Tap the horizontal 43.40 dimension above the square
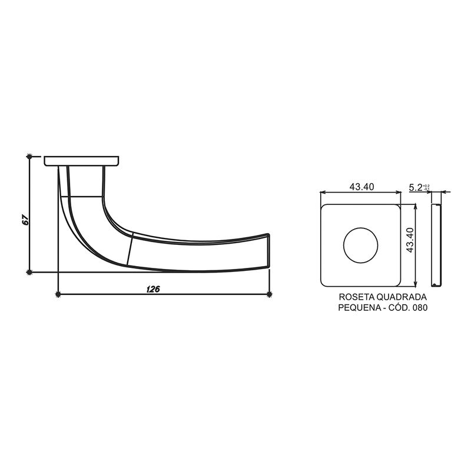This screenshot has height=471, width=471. (361, 187)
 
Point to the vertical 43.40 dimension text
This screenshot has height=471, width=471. (410, 240)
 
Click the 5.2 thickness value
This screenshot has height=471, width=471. (416, 187)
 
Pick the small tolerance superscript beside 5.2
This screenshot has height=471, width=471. (427, 187)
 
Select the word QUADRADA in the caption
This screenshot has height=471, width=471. (405, 298)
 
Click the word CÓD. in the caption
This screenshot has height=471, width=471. (397, 308)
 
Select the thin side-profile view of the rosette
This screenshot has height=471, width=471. (436, 245)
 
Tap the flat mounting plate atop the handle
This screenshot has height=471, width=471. (82, 161)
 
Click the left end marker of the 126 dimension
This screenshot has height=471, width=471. (58, 293)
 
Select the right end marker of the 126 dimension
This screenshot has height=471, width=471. (270, 293)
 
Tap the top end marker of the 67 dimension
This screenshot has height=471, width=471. (29, 157)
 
